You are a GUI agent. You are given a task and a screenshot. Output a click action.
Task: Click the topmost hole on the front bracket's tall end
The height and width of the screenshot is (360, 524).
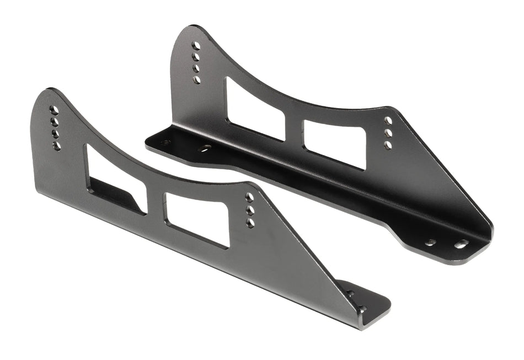pos(54,110)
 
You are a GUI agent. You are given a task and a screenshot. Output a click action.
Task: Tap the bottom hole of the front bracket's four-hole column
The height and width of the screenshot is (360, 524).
pos(56,146)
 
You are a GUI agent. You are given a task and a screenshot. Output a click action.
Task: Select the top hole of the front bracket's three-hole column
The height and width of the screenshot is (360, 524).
pos(249,197)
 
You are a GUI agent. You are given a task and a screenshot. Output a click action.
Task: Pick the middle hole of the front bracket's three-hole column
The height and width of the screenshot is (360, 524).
pos(250,210)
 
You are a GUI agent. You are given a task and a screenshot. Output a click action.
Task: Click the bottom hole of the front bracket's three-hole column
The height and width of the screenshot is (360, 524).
pos(250,223)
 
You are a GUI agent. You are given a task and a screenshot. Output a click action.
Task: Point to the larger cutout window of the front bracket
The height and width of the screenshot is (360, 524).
pos(115,179)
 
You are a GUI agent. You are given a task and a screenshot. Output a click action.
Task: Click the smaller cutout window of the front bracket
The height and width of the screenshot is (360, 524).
pos(197,219)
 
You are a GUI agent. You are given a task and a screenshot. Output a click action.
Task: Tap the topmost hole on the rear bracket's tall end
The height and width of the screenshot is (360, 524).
pos(195,46)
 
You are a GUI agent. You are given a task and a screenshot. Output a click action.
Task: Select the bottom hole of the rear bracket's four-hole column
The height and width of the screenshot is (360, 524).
pos(197,80)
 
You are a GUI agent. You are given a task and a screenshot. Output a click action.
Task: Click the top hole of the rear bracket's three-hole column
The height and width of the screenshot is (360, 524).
pos(388,120)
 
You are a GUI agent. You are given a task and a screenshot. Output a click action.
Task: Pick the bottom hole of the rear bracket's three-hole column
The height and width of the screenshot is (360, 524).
pos(388,145)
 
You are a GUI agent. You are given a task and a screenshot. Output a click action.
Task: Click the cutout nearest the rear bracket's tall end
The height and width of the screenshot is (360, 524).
pos(255,109)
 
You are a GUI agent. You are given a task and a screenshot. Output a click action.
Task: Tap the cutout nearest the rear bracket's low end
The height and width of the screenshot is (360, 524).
pos(334,144)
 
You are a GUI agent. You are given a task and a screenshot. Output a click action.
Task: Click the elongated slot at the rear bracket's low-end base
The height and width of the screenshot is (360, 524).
pos(461,244)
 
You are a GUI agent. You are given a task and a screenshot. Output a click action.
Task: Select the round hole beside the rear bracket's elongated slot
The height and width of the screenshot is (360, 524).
pos(430,242)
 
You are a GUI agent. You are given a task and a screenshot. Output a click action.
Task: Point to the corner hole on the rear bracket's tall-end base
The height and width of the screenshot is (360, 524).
pos(165,142)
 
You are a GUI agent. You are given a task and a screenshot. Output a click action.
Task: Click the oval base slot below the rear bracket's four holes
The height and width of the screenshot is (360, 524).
pos(206,148)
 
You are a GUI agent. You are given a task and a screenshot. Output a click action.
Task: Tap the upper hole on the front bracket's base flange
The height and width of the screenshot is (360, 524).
pos(350,294)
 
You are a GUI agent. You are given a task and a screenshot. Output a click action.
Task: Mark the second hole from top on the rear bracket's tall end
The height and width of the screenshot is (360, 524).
pos(196,57)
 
